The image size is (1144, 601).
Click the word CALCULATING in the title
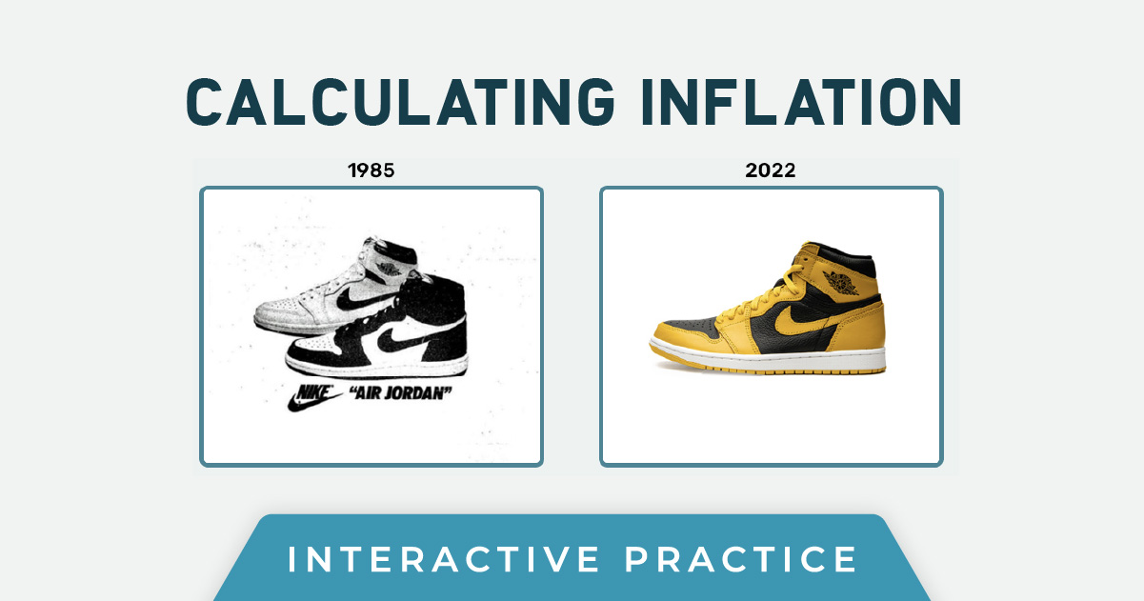400,102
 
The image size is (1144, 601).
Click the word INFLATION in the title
801,102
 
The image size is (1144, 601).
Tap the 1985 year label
371,170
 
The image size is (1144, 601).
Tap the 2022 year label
771,170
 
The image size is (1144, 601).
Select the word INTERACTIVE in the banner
443,559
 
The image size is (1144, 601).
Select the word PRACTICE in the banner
741,559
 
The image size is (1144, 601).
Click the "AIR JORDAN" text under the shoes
401,393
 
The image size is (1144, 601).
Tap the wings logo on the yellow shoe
841,282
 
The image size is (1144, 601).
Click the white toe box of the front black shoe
315,345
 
